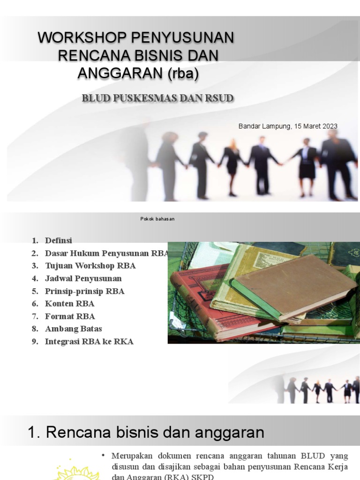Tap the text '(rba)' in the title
click(x=186, y=73)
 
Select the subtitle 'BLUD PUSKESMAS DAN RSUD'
click(x=157, y=98)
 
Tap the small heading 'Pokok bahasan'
click(x=157, y=219)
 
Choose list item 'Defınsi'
click(x=59, y=240)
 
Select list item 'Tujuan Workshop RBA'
click(x=90, y=266)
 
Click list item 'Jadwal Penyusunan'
click(x=83, y=278)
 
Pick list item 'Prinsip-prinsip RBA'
click(x=84, y=291)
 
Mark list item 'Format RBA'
click(x=70, y=316)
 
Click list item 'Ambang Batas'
click(x=73, y=329)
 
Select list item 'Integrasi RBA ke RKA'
click(x=89, y=342)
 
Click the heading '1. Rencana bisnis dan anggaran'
click(x=146, y=432)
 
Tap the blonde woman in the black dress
click(x=232, y=162)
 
